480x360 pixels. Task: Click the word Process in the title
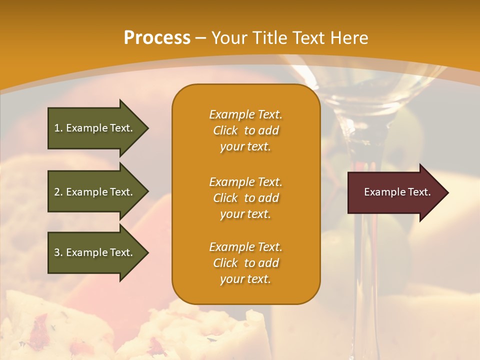pyautogui.click(x=157, y=38)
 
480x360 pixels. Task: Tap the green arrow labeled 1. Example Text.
pyautogui.click(x=95, y=128)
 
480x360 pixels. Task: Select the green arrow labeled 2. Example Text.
pyautogui.click(x=95, y=192)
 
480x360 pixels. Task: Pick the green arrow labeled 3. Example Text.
pyautogui.click(x=95, y=252)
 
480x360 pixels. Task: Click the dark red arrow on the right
pyautogui.click(x=395, y=192)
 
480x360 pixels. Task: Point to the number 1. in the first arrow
pyautogui.click(x=58, y=128)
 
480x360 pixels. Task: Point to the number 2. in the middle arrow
pyautogui.click(x=58, y=192)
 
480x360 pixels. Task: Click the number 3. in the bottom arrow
pyautogui.click(x=58, y=252)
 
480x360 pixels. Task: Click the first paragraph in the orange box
pyautogui.click(x=245, y=130)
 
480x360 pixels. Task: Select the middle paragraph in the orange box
pyautogui.click(x=245, y=198)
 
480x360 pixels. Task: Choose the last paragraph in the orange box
pyautogui.click(x=245, y=263)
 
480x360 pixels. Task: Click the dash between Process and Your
pyautogui.click(x=201, y=38)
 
